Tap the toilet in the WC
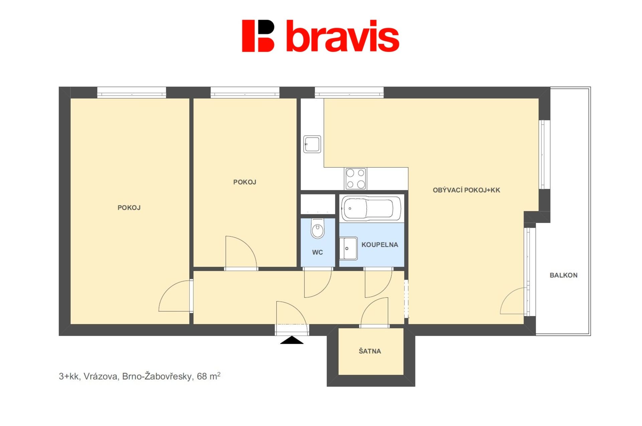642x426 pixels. pos(317,228)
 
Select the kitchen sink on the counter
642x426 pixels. pos(312,144)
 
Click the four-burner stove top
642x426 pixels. pos(355,179)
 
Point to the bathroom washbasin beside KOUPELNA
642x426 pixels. pos(348,248)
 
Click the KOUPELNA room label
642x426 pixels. pos(380,245)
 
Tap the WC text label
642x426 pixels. pos(317,252)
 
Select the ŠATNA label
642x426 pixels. pos(370,351)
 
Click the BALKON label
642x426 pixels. pos(563,275)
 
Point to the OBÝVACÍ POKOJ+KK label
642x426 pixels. pos(466,190)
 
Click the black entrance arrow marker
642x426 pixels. pos(292,340)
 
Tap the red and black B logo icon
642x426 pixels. pos(258,36)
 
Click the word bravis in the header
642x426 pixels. pos(343,36)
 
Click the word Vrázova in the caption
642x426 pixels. pos(101,377)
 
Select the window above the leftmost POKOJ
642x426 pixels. pos(132,93)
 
